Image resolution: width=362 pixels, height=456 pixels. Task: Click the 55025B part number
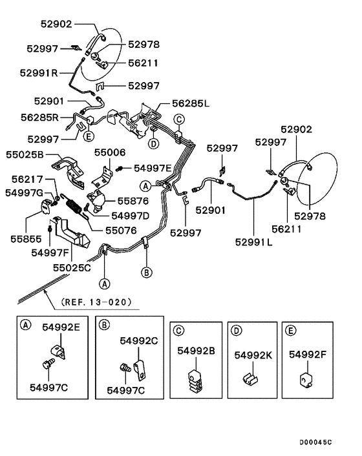(25, 156)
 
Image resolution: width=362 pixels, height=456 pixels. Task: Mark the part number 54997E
(153, 168)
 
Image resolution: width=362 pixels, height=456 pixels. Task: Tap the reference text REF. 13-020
(96, 301)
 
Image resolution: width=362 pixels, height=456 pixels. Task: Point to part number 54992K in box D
(252, 355)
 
